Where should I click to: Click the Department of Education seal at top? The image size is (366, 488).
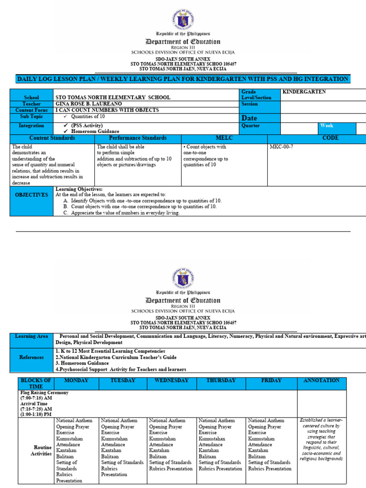coord(183,19)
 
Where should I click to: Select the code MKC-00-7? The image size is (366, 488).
coord(281,147)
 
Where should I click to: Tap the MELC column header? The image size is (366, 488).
coord(224,138)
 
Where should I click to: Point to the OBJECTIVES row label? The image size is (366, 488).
coord(31,195)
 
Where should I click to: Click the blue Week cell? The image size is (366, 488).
coord(336,128)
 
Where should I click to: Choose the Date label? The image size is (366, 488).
coord(250,118)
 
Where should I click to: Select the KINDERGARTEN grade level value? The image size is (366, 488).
coord(304,91)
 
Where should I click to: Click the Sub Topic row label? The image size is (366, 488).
coord(31,116)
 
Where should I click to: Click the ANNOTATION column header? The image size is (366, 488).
coord(321,380)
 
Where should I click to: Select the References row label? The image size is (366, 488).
coord(31,357)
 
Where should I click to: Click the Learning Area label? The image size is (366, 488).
coord(31,336)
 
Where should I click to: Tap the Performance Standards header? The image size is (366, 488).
coord(138,138)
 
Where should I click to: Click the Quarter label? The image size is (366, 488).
coord(251,126)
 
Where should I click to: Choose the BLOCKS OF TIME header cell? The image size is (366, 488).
coord(36,383)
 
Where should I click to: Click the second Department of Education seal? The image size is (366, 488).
coord(183,278)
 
